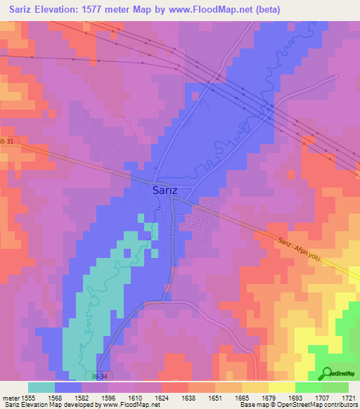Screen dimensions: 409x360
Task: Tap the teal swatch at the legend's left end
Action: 41,387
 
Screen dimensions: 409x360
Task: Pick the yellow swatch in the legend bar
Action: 281,387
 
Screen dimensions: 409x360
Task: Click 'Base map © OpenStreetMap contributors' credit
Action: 297,405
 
